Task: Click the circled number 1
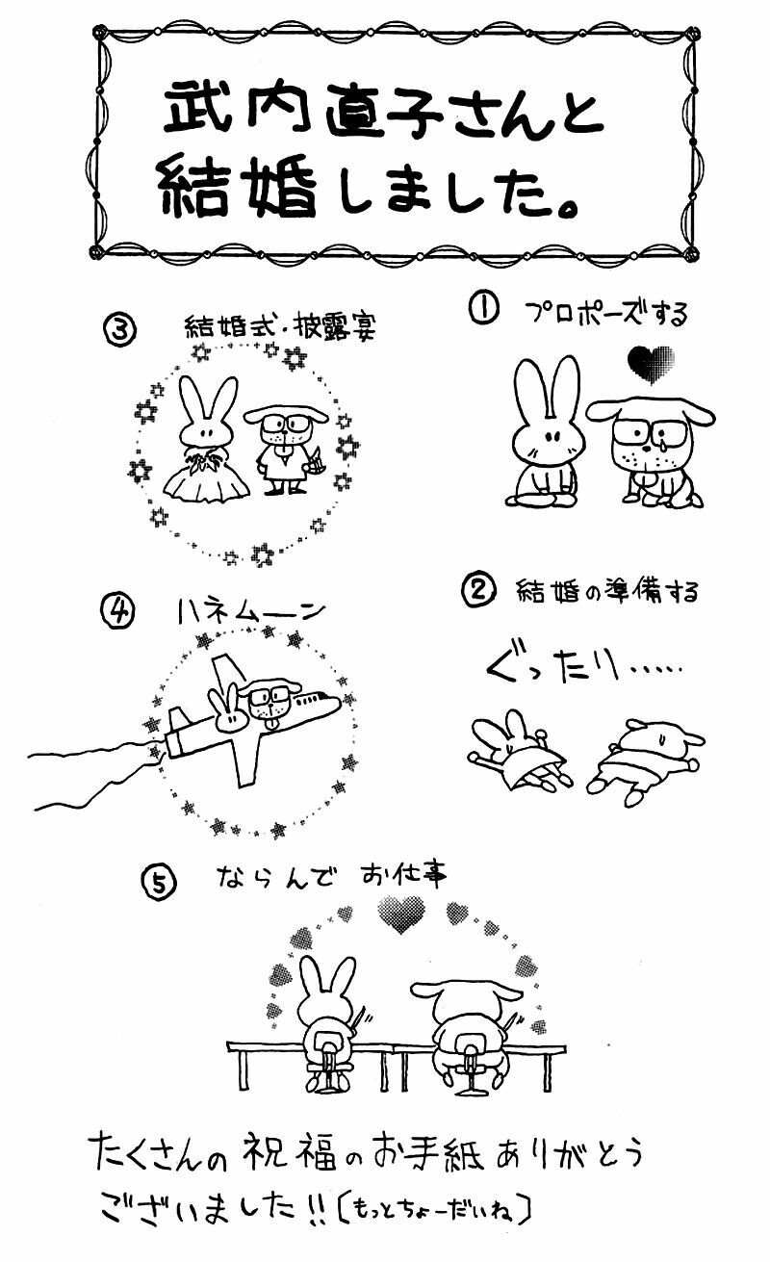tap(484, 309)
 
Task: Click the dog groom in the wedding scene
tap(286, 448)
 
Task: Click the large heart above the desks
tap(400, 913)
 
